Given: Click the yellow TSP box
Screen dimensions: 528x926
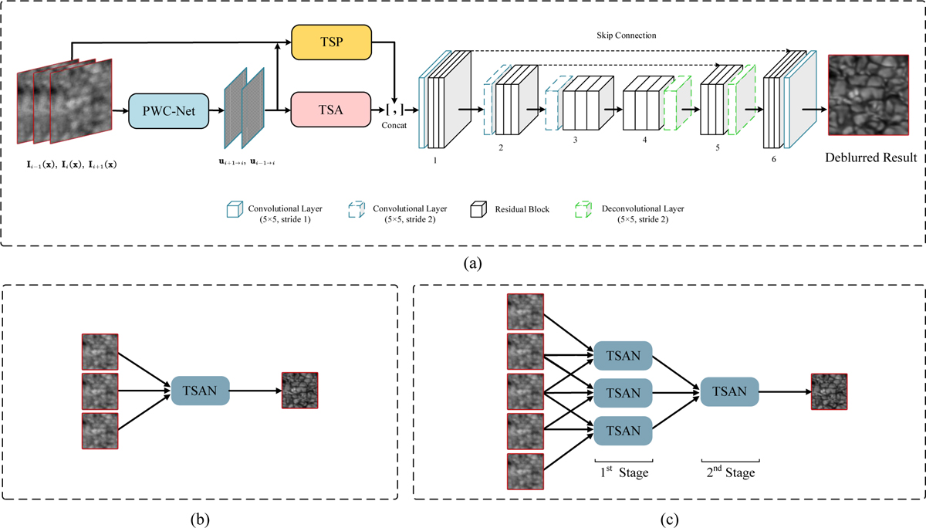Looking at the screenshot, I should pyautogui.click(x=331, y=40).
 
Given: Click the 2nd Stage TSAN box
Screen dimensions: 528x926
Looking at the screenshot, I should pyautogui.click(x=730, y=392).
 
